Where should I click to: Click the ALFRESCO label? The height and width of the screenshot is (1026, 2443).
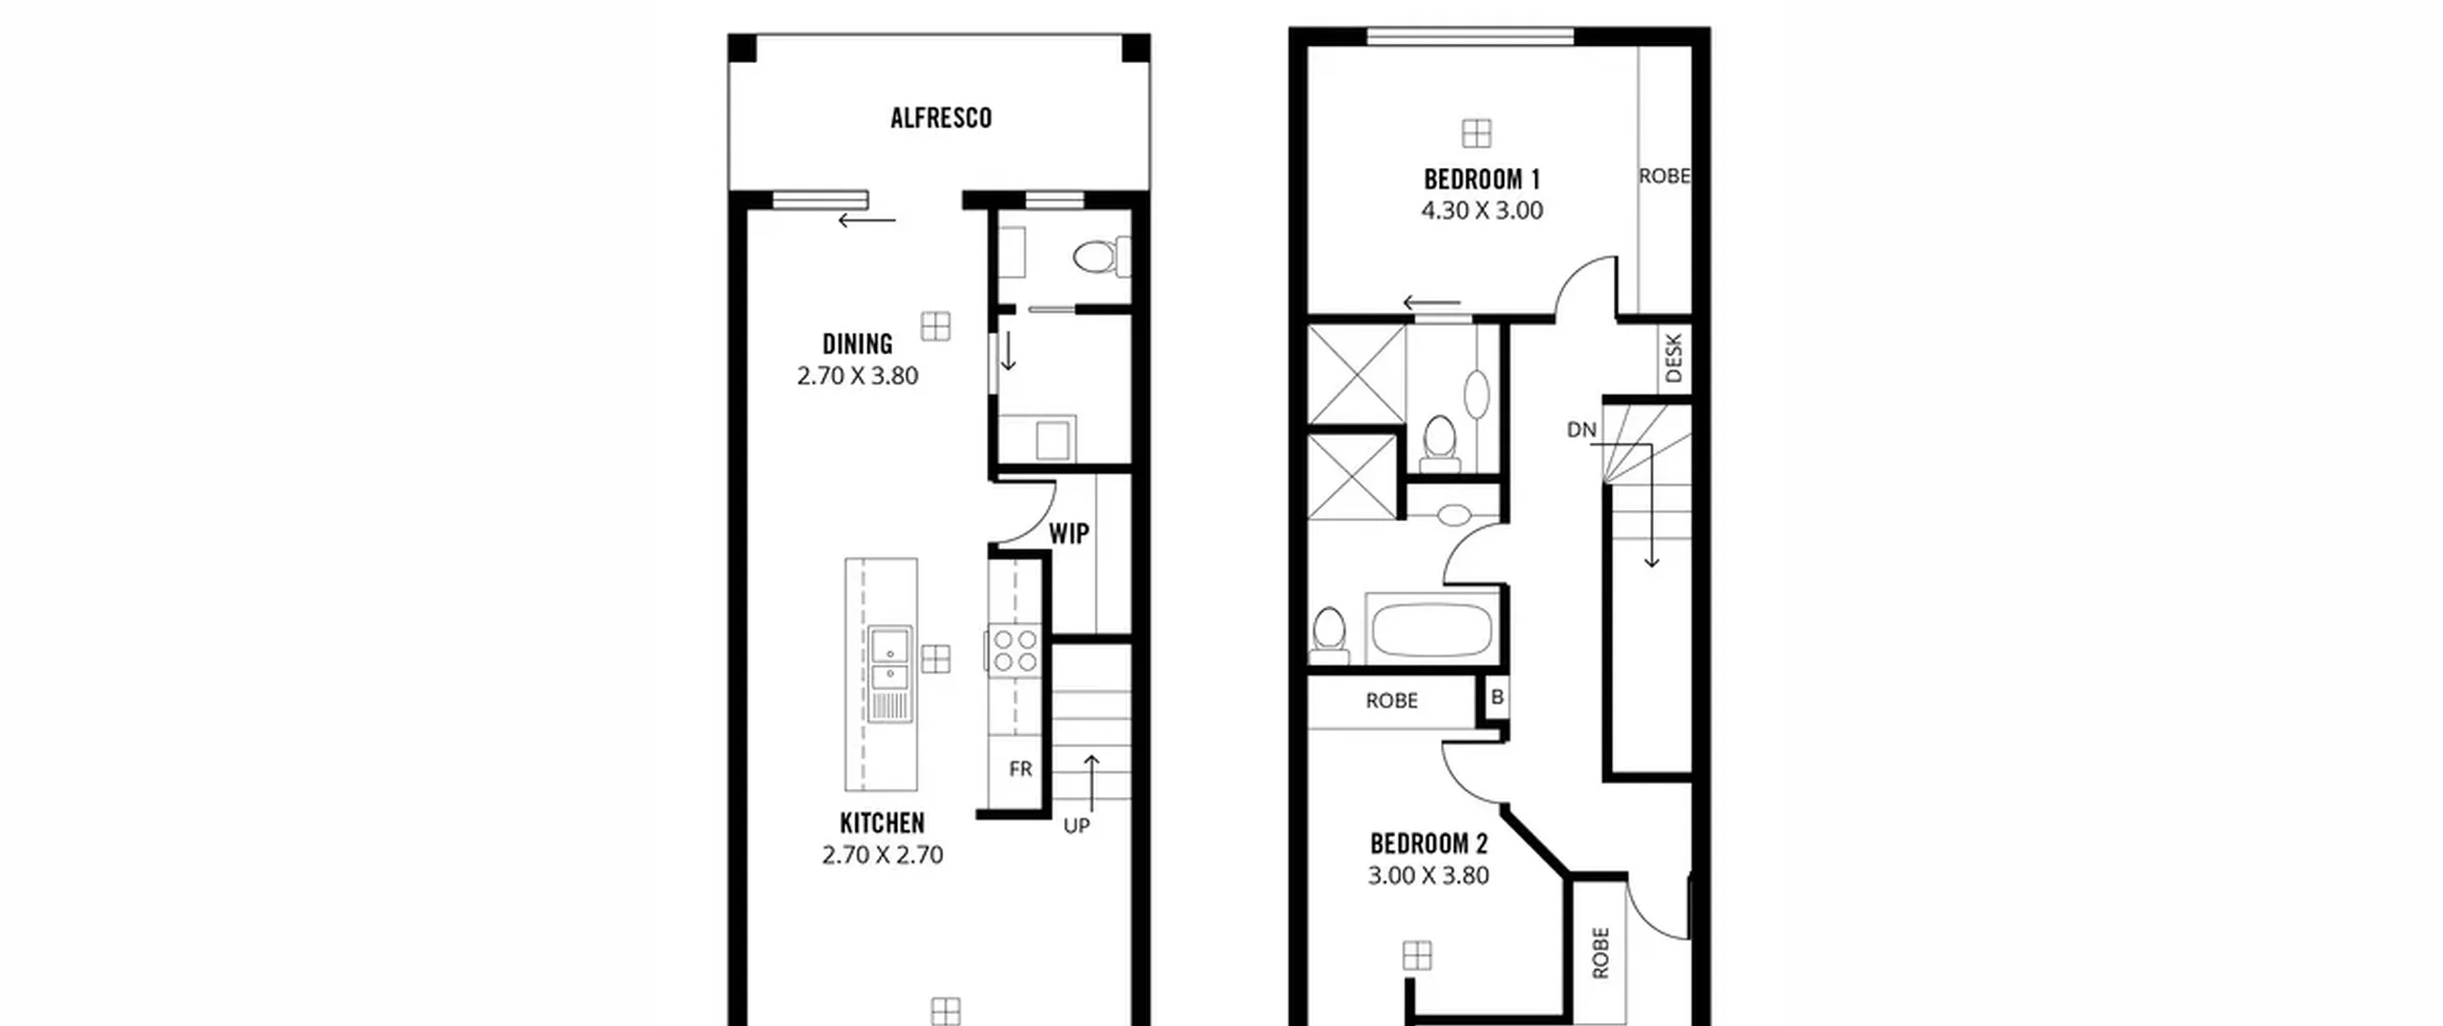point(941,118)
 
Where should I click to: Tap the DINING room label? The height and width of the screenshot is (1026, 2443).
point(858,344)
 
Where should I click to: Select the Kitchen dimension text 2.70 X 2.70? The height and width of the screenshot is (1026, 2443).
point(883,854)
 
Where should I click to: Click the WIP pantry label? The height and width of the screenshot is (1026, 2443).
point(1069,534)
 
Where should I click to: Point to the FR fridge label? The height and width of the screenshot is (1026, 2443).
point(1020,768)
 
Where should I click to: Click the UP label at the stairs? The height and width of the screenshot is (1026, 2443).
point(1076,826)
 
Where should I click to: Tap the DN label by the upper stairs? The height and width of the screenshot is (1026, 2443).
point(1581,430)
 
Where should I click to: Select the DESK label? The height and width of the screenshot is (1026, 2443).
point(1674,358)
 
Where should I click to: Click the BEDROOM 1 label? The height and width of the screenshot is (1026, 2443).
point(1482,179)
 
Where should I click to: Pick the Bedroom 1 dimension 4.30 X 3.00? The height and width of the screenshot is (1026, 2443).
point(1482,211)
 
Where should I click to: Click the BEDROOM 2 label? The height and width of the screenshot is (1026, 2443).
point(1429,844)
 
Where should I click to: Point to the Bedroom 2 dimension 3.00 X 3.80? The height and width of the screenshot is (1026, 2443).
point(1429,875)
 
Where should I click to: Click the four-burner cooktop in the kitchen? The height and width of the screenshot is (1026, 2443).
point(1014,650)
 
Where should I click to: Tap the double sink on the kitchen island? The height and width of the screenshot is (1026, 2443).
point(889,675)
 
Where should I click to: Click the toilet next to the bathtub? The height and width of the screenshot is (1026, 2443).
point(1329,636)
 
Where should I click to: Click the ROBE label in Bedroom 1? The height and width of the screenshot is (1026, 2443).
point(1664,177)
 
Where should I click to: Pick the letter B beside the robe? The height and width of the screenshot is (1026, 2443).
point(1497,698)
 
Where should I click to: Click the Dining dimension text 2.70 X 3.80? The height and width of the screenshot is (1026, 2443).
point(858,376)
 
